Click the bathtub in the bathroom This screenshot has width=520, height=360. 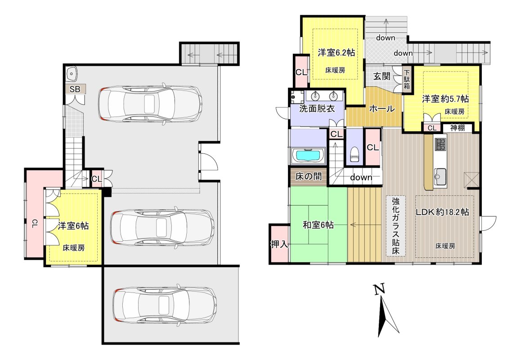pos(308,155)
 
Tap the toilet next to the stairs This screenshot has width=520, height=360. pos(354,153)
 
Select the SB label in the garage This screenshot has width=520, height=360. pos(75,89)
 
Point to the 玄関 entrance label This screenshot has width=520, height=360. pos(382,76)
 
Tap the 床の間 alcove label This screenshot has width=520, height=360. pos(308,176)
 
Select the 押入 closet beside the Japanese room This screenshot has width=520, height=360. pos(279,244)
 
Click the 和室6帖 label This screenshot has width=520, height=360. pos(318,225)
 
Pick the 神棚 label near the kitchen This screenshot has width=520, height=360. pos(457,127)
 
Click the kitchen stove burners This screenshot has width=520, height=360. pos(441,144)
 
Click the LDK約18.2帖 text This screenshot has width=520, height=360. pos(442,212)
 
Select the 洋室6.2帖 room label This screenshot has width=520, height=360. pos(336,52)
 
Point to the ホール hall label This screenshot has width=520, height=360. pos(382,108)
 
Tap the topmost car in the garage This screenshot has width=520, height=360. pos(150,103)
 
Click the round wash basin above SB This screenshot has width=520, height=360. pos(72,73)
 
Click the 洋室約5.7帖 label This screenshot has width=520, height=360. pos(445,99)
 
